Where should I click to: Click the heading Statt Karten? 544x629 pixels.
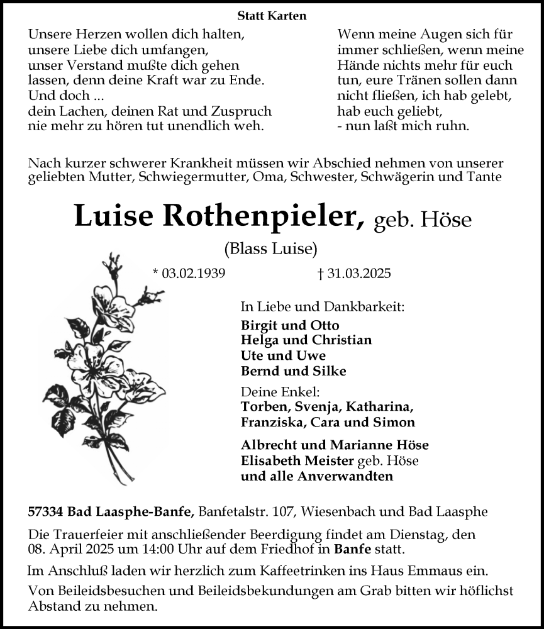[x=272, y=15]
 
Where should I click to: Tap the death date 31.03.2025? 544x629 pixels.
[x=355, y=273]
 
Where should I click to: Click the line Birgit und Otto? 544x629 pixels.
[x=289, y=325]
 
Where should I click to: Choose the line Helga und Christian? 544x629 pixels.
[x=306, y=340]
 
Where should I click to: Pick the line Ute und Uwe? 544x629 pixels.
[x=283, y=355]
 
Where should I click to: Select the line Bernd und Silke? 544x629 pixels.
[x=293, y=370]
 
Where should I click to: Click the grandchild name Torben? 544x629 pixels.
[x=262, y=406]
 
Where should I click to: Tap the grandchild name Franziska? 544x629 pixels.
[x=271, y=422]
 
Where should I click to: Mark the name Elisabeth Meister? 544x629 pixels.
[x=297, y=460]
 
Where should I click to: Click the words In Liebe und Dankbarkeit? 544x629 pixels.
[x=323, y=307]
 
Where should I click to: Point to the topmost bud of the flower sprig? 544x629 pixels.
[x=115, y=260]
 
